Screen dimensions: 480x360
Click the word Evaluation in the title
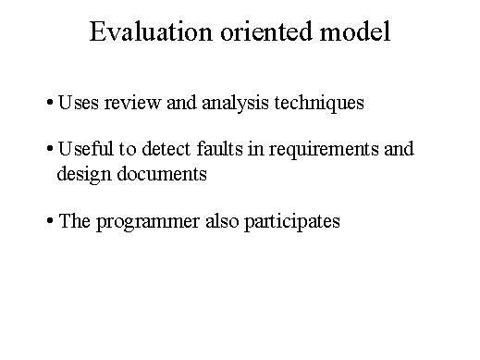tap(151, 31)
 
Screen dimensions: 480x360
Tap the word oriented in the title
tap(266, 31)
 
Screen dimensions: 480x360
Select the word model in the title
tap(355, 31)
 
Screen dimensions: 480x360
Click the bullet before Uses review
tap(49, 102)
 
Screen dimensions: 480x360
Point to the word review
tap(132, 103)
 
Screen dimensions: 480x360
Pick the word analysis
tap(235, 103)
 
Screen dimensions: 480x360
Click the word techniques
tap(319, 103)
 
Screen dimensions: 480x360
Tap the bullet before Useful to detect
tap(49, 149)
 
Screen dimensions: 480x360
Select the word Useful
tap(85, 148)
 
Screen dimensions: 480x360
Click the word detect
tap(166, 149)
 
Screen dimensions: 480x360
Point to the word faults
tap(219, 148)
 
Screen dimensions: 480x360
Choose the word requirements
tap(324, 150)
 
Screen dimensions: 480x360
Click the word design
tap(84, 174)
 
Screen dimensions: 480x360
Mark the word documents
tap(162, 174)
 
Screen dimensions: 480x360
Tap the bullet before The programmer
tap(49, 221)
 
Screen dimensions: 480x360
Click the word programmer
tap(148, 222)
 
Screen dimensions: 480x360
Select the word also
tap(222, 221)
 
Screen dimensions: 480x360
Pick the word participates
tap(292, 222)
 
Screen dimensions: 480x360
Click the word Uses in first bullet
tap(79, 103)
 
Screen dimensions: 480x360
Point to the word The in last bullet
tap(74, 221)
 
